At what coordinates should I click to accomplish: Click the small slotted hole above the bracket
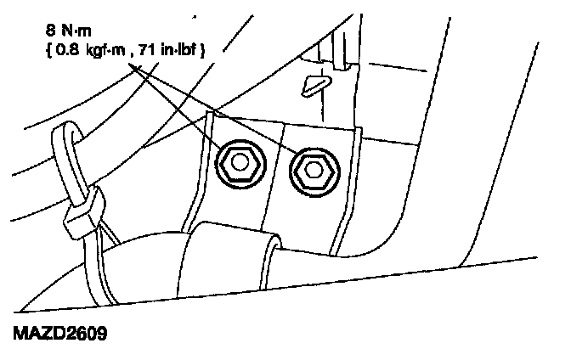[315, 82]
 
